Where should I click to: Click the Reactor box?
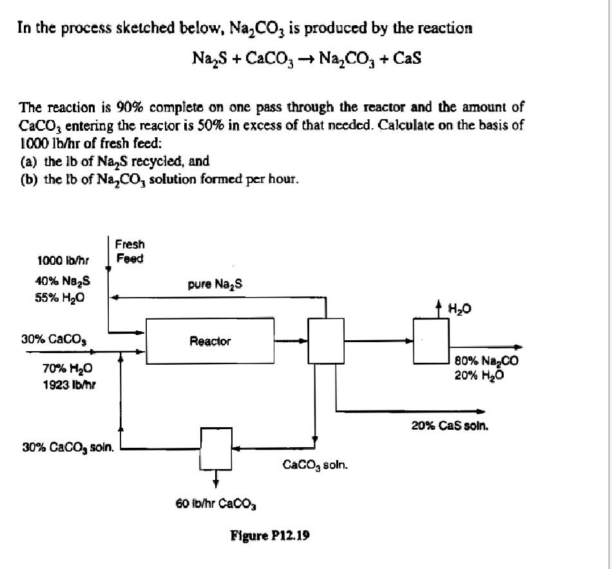point(209,341)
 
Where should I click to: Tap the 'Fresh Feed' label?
point(130,251)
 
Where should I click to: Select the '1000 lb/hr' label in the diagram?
point(62,260)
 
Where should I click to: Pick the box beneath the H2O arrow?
point(430,340)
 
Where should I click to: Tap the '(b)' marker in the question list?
point(30,179)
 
